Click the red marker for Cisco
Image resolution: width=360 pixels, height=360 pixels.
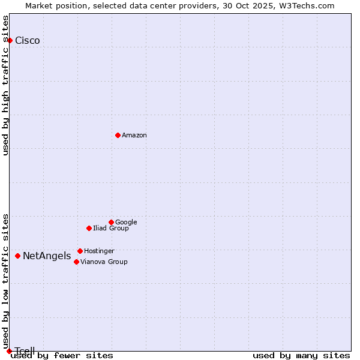10,40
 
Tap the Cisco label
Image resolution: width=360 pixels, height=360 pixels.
28,41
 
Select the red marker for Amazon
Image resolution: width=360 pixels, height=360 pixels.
118,135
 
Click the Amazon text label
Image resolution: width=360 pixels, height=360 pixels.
134,136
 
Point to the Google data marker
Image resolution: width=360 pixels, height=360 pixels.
111,222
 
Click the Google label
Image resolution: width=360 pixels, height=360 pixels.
126,223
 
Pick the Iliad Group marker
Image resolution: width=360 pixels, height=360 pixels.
89,228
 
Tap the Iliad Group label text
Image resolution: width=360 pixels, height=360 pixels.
111,229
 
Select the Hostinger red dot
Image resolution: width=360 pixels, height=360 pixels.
80,251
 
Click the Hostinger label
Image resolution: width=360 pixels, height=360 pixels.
99,251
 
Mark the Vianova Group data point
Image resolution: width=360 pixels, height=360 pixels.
76,262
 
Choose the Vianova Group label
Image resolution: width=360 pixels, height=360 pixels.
104,262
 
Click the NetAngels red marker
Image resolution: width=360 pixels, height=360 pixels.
17,256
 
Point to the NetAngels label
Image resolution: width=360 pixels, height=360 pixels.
47,256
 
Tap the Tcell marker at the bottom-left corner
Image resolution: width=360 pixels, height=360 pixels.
9,351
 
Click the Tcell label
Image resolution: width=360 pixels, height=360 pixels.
25,351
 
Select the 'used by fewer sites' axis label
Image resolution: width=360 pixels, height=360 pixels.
62,356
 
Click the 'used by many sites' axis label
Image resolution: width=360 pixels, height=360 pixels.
301,356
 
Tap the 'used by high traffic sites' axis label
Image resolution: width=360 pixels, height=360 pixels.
6,85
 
